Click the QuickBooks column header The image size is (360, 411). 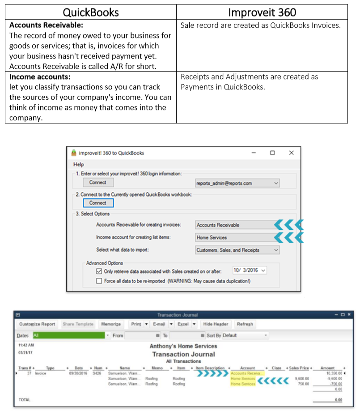click(x=91, y=12)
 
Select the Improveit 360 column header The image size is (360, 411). click(x=262, y=12)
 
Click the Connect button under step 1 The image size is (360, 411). click(x=97, y=182)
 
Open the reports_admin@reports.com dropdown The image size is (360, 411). click(x=237, y=183)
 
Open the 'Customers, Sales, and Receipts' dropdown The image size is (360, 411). click(x=237, y=250)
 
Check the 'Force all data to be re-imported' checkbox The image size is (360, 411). click(x=99, y=281)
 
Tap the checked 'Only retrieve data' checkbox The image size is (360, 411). click(x=99, y=271)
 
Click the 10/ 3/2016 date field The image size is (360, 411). click(x=249, y=271)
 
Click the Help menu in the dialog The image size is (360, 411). click(x=79, y=164)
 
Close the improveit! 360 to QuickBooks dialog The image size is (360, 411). click(x=291, y=153)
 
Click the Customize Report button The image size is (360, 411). click(x=37, y=324)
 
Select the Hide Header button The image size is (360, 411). click(x=216, y=324)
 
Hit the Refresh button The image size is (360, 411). click(x=245, y=324)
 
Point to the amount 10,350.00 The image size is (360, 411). click(x=331, y=373)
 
